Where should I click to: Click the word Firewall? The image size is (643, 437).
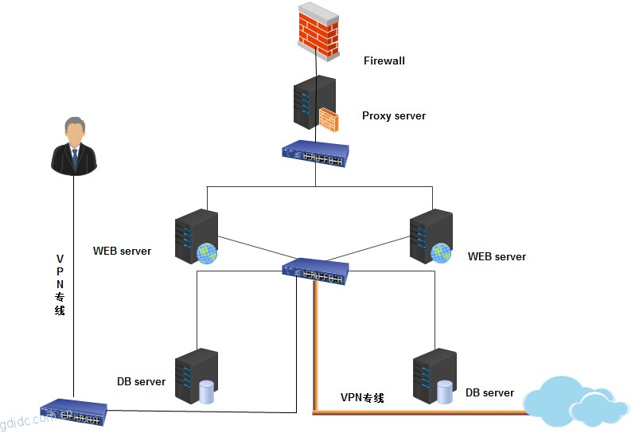click(x=384, y=60)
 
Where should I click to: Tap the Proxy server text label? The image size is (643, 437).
click(x=394, y=116)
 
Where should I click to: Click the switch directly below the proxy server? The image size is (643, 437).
click(x=316, y=154)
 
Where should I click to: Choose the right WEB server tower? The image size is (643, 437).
click(x=431, y=236)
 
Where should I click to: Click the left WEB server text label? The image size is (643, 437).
click(x=122, y=252)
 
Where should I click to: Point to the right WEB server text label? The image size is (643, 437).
click(x=497, y=256)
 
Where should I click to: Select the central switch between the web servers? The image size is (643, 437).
click(x=316, y=271)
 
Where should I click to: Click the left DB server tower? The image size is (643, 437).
click(x=195, y=376)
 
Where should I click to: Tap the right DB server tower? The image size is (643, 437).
click(x=434, y=376)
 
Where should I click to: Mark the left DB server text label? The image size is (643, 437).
click(x=141, y=381)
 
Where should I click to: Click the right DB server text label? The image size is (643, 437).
click(x=489, y=392)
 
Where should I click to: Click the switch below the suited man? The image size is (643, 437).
click(x=73, y=412)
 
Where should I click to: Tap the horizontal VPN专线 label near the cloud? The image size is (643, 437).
click(x=362, y=397)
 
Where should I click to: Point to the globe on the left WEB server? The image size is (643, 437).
click(x=207, y=253)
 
